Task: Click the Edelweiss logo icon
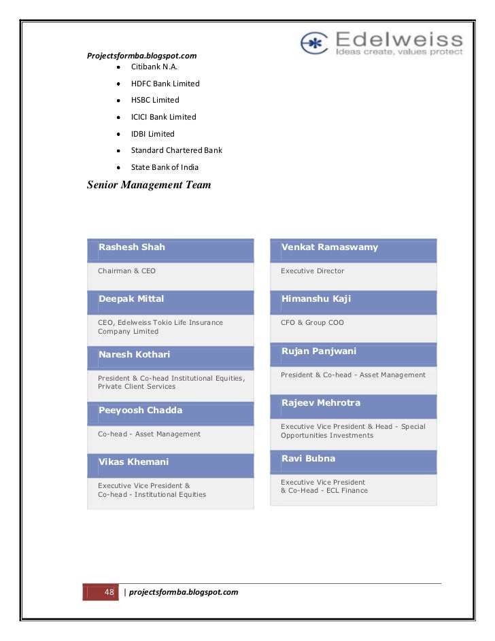pyautogui.click(x=315, y=42)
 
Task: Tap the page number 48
pyautogui.click(x=109, y=591)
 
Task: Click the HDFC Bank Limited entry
pyautogui.click(x=165, y=84)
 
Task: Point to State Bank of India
pyautogui.click(x=165, y=167)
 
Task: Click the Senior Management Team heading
pyautogui.click(x=149, y=184)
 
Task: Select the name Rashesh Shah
pyautogui.click(x=132, y=247)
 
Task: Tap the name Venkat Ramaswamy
pyautogui.click(x=330, y=247)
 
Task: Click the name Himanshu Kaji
pyautogui.click(x=316, y=299)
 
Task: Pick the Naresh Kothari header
pyautogui.click(x=134, y=355)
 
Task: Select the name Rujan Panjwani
pyautogui.click(x=319, y=351)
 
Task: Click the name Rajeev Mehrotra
pyautogui.click(x=321, y=403)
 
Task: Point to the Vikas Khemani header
pyautogui.click(x=133, y=462)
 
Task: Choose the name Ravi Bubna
pyautogui.click(x=308, y=459)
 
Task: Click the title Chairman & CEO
pyautogui.click(x=126, y=271)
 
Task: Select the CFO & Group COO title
pyautogui.click(x=312, y=323)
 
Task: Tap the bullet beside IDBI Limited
pyautogui.click(x=118, y=134)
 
